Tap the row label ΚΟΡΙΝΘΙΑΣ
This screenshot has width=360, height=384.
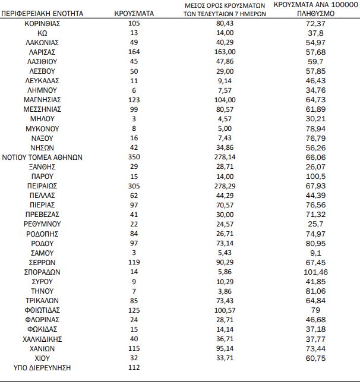(42, 23)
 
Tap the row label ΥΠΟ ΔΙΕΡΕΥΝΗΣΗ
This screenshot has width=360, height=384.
(42, 368)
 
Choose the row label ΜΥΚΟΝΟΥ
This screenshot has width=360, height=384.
(42, 128)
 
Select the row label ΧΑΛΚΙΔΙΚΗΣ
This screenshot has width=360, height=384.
(42, 339)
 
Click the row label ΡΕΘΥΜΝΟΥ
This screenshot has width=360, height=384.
(42, 224)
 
